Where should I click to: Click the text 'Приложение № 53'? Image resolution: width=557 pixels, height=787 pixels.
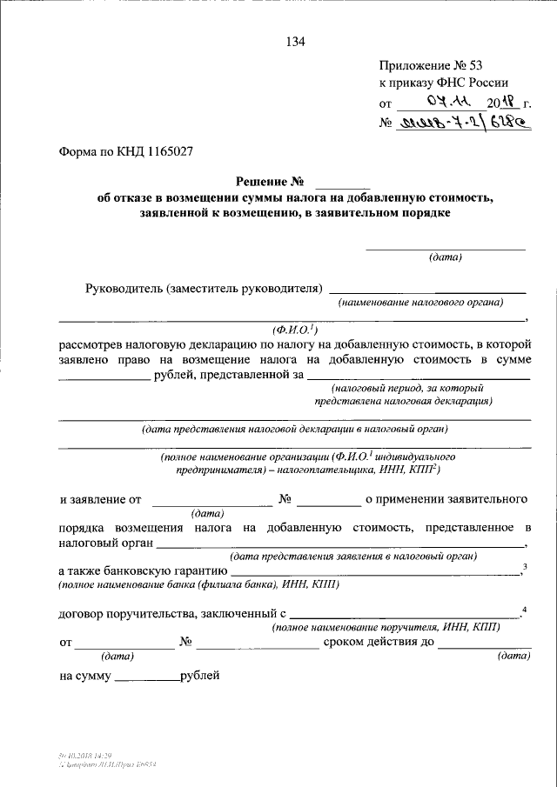(423, 65)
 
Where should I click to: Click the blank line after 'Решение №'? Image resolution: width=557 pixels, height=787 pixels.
(342, 184)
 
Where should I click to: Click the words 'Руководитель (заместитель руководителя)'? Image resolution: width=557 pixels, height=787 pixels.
(205, 288)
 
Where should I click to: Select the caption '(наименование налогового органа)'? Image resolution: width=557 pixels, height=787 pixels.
(421, 303)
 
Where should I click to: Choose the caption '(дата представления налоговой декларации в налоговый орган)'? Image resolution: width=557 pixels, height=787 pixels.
(295, 429)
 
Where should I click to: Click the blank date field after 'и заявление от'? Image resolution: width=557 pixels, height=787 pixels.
(211, 502)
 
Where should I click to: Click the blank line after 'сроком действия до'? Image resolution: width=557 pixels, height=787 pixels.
(484, 646)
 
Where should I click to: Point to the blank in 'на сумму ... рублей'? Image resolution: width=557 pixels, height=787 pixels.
(146, 677)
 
